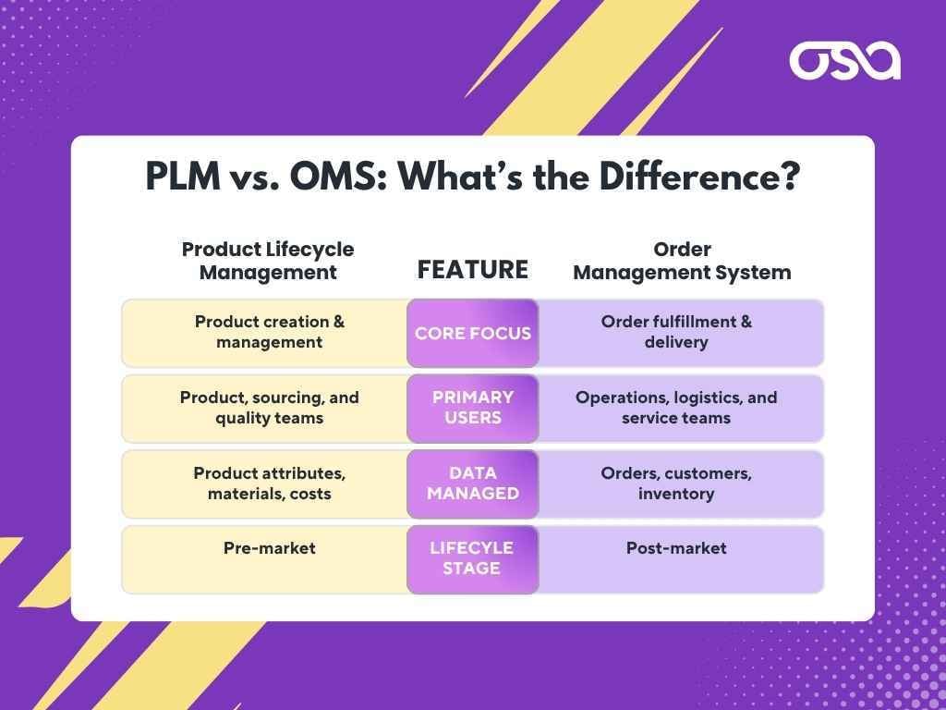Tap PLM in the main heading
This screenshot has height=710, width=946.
[184, 176]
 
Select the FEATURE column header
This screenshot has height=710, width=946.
[473, 269]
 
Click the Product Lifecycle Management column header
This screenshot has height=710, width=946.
[268, 261]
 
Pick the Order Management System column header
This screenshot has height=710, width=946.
[682, 261]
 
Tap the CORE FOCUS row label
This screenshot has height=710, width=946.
[473, 333]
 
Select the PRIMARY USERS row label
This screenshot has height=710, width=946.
[473, 408]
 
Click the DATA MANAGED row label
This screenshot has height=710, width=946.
[473, 484]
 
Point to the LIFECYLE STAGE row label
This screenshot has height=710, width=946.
[472, 558]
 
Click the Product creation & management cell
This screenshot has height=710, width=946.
[270, 332]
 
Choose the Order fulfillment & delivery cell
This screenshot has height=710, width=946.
[676, 332]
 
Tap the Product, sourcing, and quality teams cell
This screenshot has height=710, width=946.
[270, 408]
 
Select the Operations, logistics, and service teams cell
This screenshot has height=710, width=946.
[676, 408]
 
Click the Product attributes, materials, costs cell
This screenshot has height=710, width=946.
[270, 484]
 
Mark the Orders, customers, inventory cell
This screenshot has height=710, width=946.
[676, 484]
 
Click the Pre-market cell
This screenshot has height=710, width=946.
[270, 548]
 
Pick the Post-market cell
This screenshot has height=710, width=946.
[676, 548]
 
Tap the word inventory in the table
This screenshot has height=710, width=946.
[676, 494]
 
